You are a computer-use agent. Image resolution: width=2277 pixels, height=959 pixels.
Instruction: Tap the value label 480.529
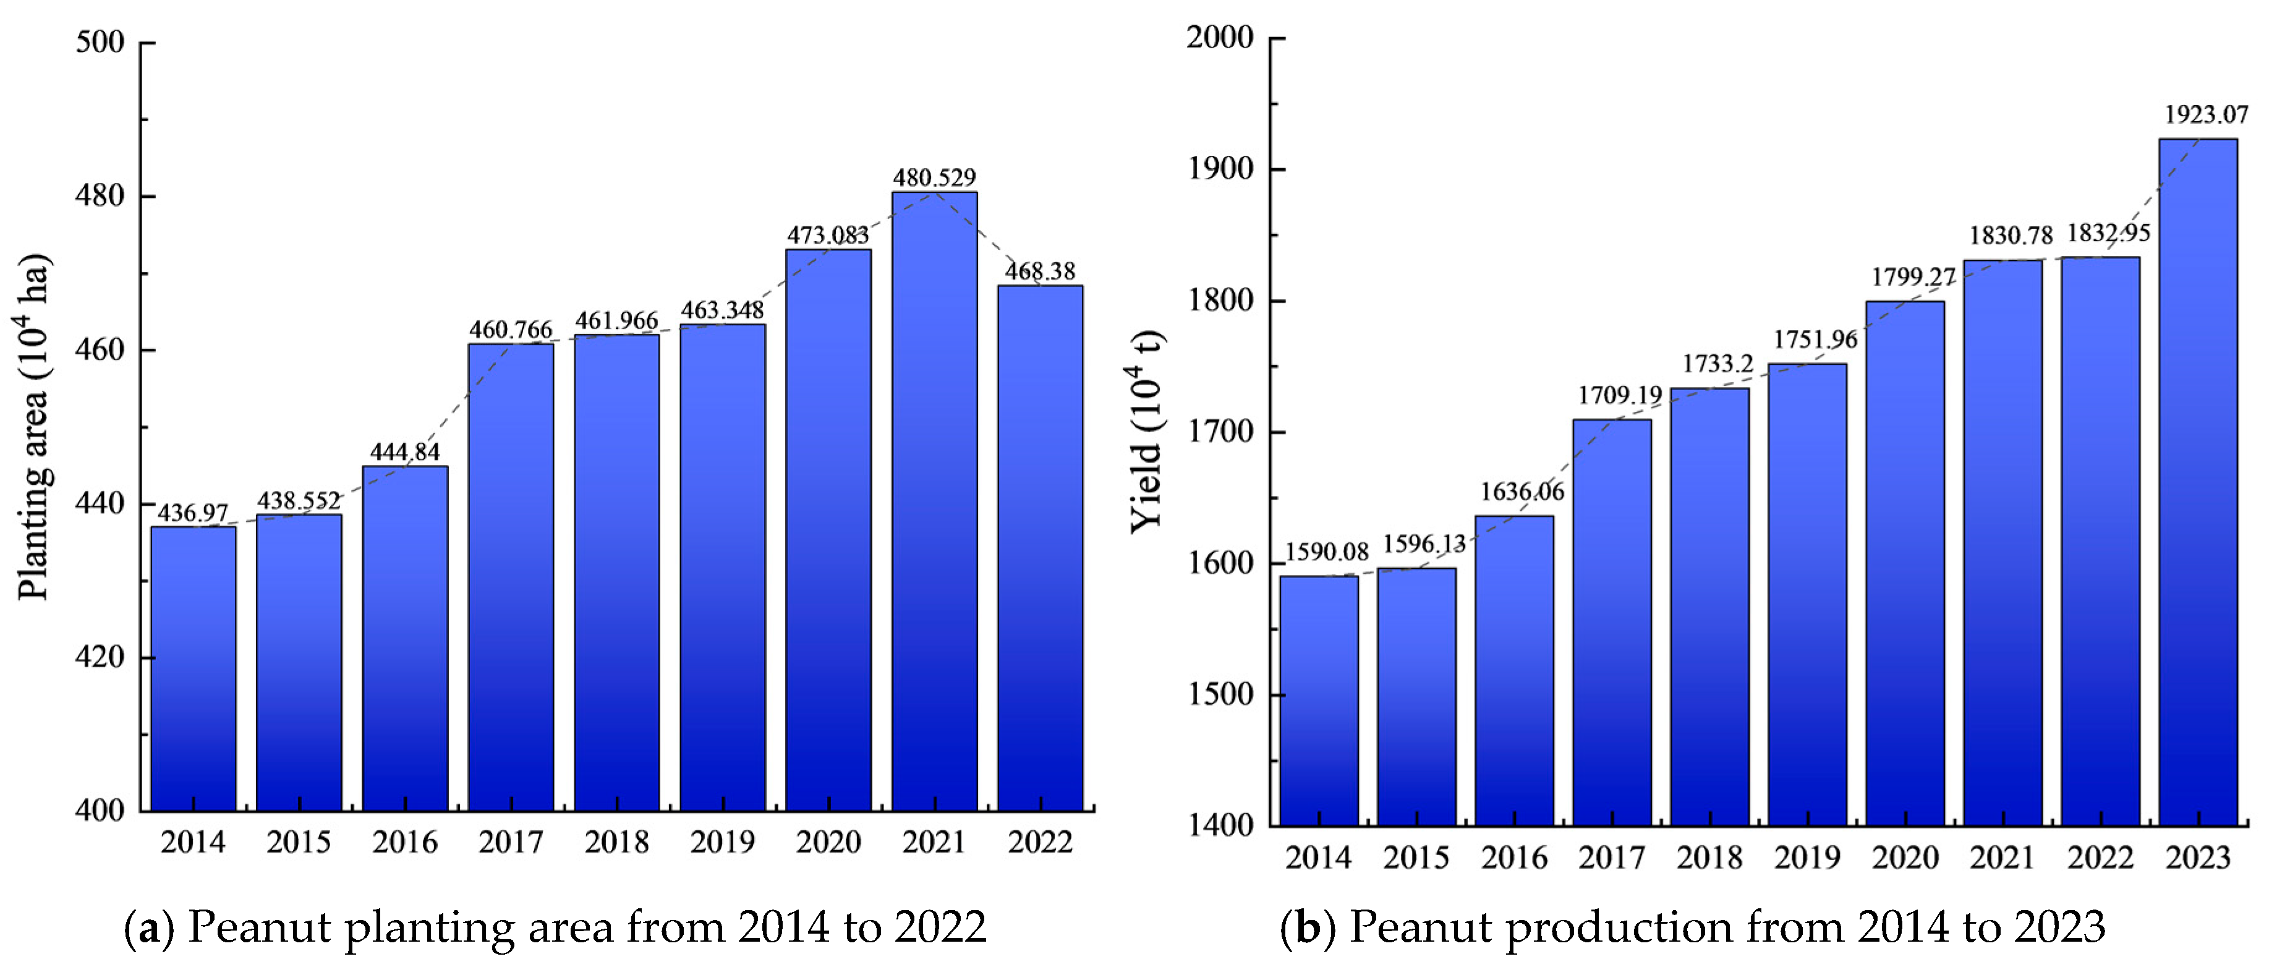[x=934, y=177]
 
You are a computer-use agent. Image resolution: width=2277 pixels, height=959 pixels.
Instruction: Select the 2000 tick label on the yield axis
[x=1219, y=38]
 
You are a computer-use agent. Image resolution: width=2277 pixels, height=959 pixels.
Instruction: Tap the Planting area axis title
[x=33, y=427]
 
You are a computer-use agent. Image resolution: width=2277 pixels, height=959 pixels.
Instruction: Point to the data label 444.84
[x=405, y=451]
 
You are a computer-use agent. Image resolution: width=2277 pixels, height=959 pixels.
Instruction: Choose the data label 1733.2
[x=1717, y=364]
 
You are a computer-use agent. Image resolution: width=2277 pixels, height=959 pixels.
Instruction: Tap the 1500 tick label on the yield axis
[x=1219, y=695]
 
